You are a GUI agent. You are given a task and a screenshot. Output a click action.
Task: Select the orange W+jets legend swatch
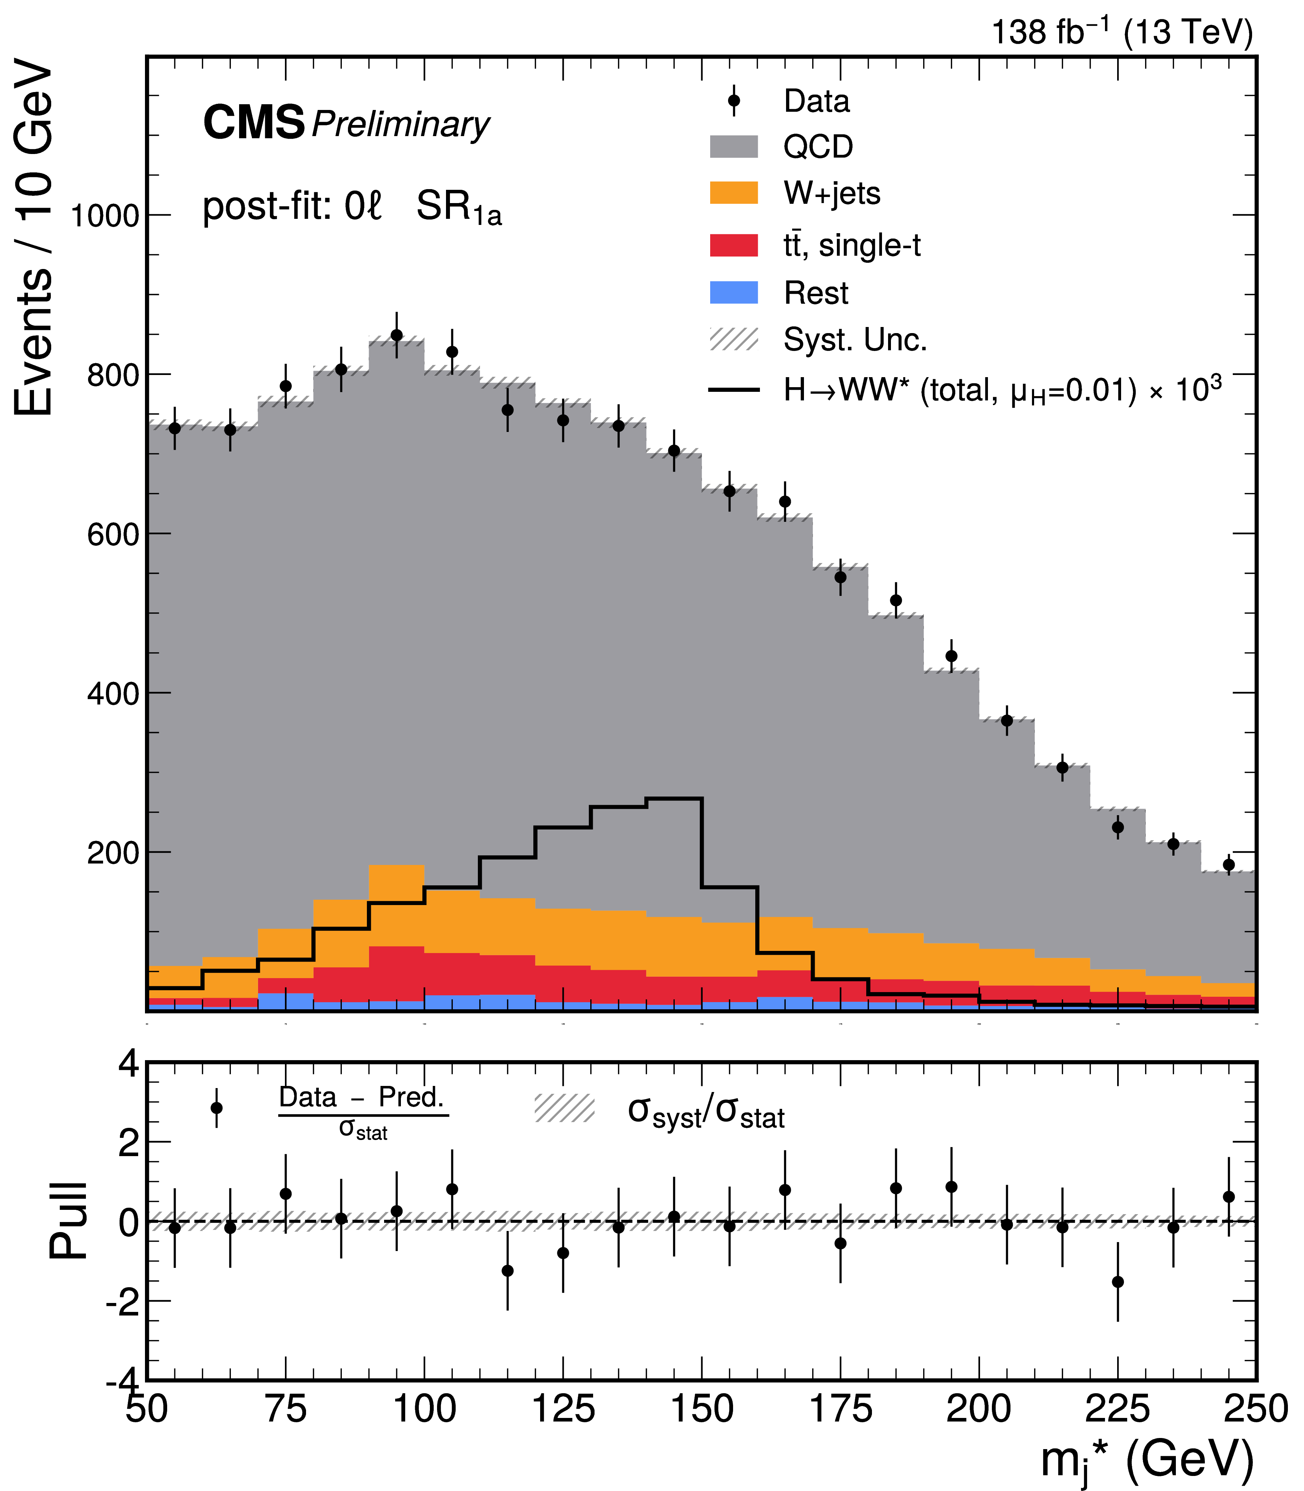733,193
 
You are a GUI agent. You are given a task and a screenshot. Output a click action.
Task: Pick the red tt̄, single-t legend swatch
733,245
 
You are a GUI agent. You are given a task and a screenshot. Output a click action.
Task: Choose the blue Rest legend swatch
733,293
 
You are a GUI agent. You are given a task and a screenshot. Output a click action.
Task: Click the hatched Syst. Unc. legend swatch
733,339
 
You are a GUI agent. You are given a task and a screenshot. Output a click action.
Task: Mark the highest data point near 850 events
397,335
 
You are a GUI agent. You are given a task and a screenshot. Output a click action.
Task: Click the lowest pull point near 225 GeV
1118,1282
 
